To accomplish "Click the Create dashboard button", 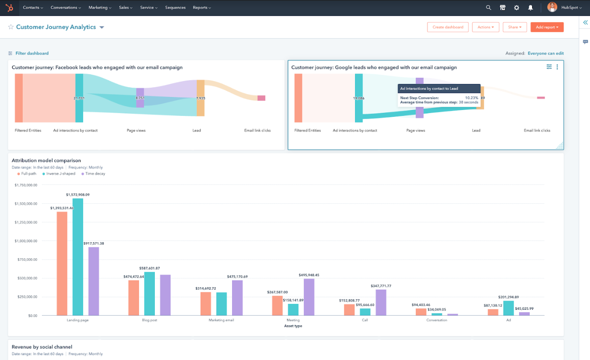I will tap(448, 27).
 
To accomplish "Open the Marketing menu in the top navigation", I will tap(100, 8).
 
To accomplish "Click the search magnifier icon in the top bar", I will tap(488, 8).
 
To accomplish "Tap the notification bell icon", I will tap(531, 8).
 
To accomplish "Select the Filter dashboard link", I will tap(32, 54).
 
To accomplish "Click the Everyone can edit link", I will tap(545, 54).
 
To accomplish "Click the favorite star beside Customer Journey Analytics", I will tap(11, 28).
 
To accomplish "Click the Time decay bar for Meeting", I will tap(309, 297).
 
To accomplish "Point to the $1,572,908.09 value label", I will tap(78, 194).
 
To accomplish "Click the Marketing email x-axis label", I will tap(221, 320).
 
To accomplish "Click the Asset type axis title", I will tap(293, 326).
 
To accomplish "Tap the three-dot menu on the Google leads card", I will tap(557, 67).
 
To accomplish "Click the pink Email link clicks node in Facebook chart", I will tap(261, 98).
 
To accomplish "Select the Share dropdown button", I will tap(514, 27).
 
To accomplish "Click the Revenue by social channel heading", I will tap(42, 347).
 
